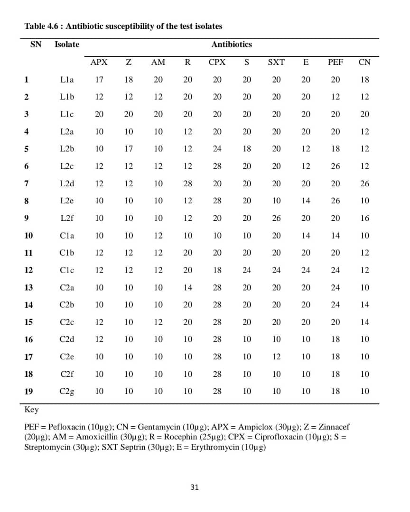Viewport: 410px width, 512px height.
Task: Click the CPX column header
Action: click(217, 62)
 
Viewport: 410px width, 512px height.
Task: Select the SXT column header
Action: click(276, 62)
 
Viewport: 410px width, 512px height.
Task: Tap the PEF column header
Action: click(335, 62)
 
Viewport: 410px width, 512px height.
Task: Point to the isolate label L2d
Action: click(67, 183)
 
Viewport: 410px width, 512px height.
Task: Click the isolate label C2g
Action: click(67, 391)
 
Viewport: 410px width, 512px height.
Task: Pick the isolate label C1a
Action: click(67, 235)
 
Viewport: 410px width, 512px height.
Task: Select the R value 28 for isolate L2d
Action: click(188, 183)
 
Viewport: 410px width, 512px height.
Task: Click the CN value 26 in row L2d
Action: click(364, 183)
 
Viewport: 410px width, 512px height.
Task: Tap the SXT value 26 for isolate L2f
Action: click(276, 218)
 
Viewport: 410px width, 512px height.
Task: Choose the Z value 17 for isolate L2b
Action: click(129, 149)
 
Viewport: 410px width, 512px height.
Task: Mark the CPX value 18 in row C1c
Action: click(217, 270)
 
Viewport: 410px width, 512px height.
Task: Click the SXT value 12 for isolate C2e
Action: click(276, 357)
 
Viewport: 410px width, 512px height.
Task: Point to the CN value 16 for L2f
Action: click(364, 218)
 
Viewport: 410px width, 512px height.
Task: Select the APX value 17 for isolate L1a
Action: click(99, 80)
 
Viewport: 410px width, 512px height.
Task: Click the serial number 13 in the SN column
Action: click(28, 287)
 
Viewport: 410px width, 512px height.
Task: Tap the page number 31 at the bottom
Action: click(195, 487)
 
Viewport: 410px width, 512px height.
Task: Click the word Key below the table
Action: click(31, 410)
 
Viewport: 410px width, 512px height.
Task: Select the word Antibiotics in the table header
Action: click(232, 45)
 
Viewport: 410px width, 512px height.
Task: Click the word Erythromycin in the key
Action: click(214, 447)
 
